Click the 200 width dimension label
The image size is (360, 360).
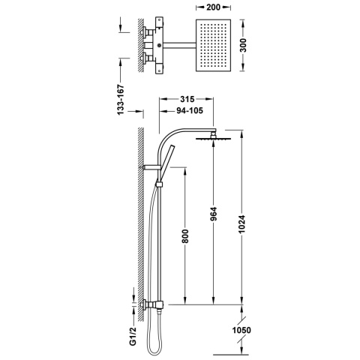(x=213, y=7)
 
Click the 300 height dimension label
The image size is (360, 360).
(x=242, y=45)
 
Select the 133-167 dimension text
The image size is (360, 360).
(x=121, y=100)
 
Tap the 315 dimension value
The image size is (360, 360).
(x=187, y=99)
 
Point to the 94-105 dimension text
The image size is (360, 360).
(x=190, y=110)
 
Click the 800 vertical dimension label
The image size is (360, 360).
(x=185, y=236)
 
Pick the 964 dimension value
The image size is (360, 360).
(x=214, y=214)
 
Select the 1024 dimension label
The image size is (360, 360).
(x=242, y=224)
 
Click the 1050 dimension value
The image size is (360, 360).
(x=241, y=330)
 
